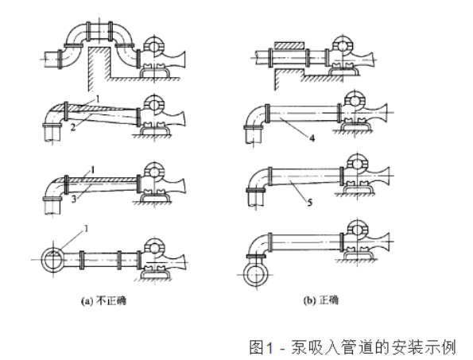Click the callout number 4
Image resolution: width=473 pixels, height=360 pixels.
312,138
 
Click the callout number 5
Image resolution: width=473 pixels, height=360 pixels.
310,203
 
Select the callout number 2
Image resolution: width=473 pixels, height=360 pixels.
73,127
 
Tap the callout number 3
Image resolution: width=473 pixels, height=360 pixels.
74,199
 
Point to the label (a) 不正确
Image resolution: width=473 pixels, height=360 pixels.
103,301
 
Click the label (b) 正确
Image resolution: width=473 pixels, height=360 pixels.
321,300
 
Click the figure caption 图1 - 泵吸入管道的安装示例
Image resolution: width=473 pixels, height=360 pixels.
352,347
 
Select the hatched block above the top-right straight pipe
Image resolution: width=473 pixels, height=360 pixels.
289,45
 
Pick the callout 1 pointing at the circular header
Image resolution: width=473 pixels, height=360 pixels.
86,229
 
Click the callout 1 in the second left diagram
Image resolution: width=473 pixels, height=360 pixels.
97,99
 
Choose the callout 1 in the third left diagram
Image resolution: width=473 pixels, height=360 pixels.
93,170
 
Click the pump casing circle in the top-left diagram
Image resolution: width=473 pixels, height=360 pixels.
154,46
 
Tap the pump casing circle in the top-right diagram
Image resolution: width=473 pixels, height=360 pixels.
343,45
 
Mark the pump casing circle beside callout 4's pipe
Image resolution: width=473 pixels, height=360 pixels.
355,102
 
